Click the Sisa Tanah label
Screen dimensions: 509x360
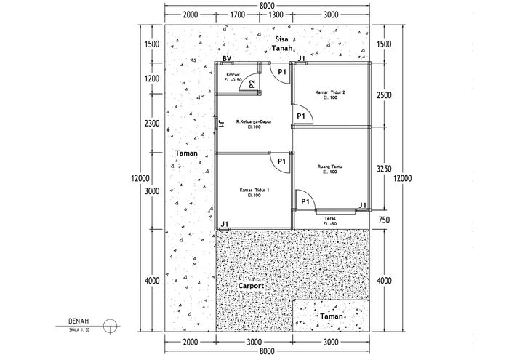[x=283, y=44]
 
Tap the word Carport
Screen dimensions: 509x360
[x=251, y=286]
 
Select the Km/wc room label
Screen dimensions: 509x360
[x=233, y=77]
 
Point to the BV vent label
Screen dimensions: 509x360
[x=227, y=58]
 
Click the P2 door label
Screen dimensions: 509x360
[x=252, y=84]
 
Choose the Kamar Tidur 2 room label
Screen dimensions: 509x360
[x=330, y=95]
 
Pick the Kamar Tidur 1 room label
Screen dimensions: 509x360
[x=254, y=193]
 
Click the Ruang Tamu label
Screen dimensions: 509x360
[x=330, y=169]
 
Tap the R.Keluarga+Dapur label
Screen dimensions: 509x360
[x=254, y=124]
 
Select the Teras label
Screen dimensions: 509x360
[x=330, y=221]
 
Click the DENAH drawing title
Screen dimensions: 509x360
[x=79, y=321]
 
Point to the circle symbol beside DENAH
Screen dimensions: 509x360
[x=110, y=327]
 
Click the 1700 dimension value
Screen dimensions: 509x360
[x=237, y=15]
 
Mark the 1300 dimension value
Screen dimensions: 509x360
[x=276, y=15]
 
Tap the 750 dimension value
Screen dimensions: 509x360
[x=384, y=220]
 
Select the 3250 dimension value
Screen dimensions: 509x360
[x=384, y=169]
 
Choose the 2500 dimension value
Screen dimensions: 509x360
[x=384, y=95]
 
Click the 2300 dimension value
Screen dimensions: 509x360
[x=152, y=124]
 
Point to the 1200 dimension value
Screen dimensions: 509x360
[x=152, y=79]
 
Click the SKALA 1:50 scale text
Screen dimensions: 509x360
[x=79, y=329]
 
